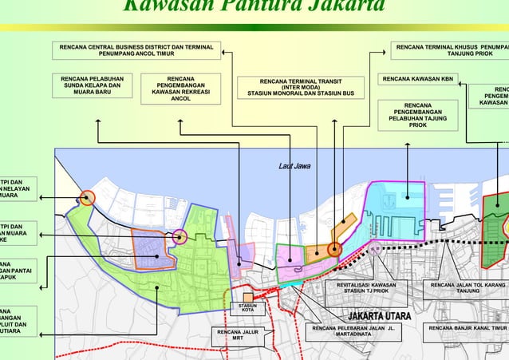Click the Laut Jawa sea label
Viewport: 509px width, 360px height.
point(294,166)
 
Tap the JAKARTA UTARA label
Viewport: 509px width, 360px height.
point(380,317)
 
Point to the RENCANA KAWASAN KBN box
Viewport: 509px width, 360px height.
point(418,79)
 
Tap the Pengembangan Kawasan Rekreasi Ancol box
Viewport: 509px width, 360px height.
point(180,89)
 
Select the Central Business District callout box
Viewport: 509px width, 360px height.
point(136,51)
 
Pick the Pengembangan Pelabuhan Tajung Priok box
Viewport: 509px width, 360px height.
point(418,115)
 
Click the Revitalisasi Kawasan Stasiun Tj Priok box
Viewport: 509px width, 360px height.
point(366,288)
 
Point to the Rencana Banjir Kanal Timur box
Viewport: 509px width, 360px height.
point(468,328)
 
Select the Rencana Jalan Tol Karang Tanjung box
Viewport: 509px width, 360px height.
point(468,288)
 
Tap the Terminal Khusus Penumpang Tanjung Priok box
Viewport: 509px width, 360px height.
point(452,51)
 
